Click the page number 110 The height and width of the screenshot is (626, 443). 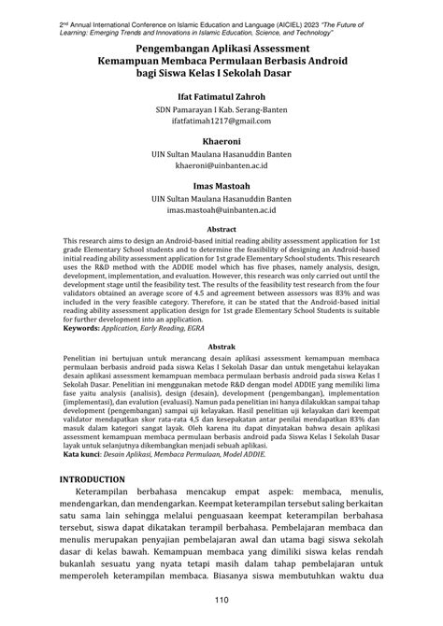pos(221,599)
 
